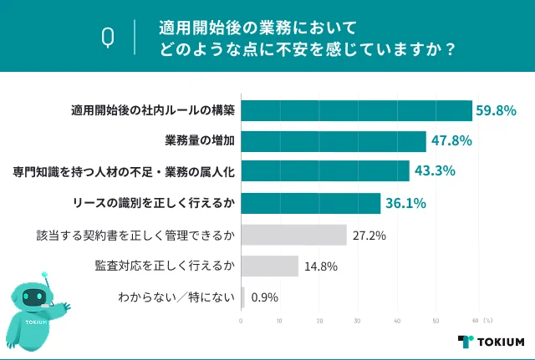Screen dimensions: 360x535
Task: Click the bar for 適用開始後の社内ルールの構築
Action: click(x=357, y=110)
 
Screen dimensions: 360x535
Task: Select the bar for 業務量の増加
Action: click(x=334, y=141)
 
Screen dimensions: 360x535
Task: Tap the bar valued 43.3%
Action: click(x=325, y=172)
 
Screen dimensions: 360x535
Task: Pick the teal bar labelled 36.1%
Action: click(x=311, y=203)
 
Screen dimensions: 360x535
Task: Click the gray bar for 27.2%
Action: click(x=293, y=235)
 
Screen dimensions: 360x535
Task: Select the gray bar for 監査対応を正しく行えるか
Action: click(x=269, y=266)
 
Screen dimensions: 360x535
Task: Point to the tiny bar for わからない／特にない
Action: click(x=243, y=297)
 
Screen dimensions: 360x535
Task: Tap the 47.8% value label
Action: click(x=451, y=141)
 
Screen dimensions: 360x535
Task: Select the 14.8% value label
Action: click(x=321, y=266)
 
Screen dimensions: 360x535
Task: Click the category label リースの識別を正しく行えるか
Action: click(x=155, y=203)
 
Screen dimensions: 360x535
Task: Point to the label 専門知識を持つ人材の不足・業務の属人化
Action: click(x=125, y=172)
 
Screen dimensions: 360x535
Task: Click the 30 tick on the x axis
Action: click(x=359, y=321)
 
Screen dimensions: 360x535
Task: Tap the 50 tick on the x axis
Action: click(x=436, y=321)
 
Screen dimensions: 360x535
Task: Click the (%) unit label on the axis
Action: click(x=488, y=321)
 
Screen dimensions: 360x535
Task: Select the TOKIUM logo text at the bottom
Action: click(x=501, y=342)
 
